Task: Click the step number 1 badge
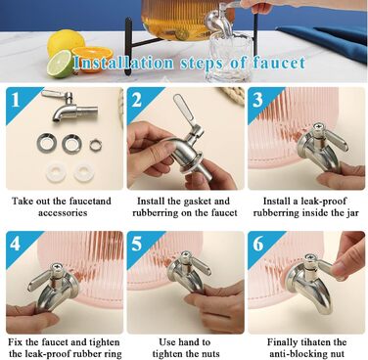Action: [16, 100]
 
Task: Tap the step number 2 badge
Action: [137, 100]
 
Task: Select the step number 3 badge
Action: [257, 100]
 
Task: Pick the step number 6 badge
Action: [258, 244]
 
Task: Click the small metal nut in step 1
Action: [96, 145]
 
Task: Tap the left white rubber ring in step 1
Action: [56, 171]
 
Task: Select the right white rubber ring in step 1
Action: [84, 172]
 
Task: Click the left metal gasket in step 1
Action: [47, 143]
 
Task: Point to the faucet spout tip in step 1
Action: [57, 118]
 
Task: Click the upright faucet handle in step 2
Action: [184, 110]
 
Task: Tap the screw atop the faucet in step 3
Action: [318, 127]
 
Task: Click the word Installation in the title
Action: [123, 63]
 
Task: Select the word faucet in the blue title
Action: [279, 63]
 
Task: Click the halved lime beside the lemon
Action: [60, 64]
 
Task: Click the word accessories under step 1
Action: [63, 213]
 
